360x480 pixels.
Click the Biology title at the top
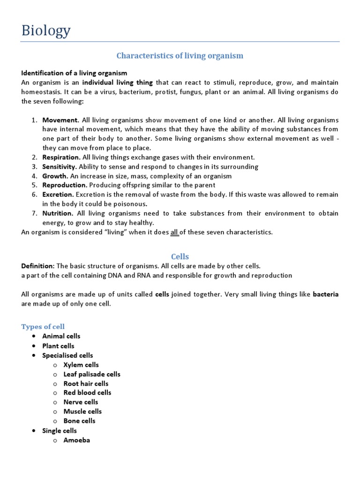click(46, 30)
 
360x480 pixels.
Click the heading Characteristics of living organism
click(180, 56)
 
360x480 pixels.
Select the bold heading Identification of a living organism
click(74, 73)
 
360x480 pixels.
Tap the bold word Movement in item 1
click(60, 120)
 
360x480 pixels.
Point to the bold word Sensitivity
click(59, 167)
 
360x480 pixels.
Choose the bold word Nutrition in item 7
click(57, 213)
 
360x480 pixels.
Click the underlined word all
click(174, 232)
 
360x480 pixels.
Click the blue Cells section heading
click(180, 256)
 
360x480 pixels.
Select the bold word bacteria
click(325, 294)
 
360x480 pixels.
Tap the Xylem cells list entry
click(81, 365)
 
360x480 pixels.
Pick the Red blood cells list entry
click(87, 392)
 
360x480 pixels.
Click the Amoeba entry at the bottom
click(77, 440)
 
